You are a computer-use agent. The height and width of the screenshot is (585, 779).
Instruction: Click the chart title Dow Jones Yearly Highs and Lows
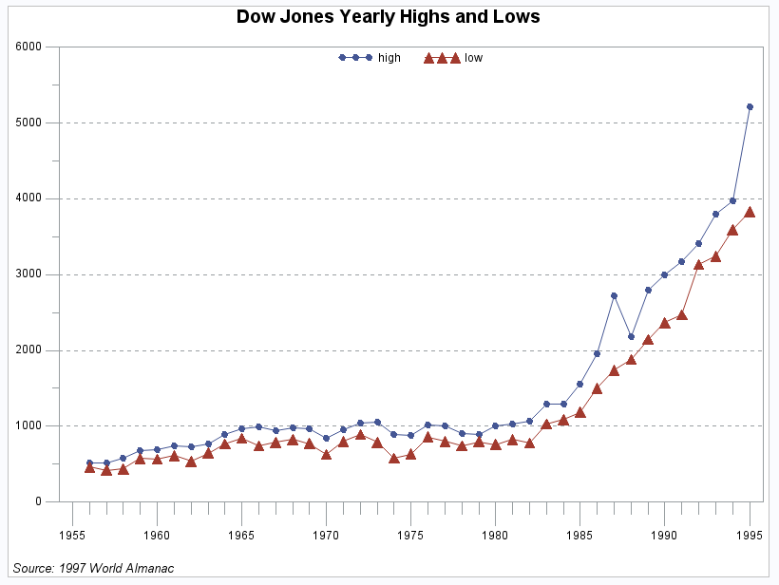[388, 17]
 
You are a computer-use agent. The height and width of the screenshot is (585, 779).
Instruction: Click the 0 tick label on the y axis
[39, 501]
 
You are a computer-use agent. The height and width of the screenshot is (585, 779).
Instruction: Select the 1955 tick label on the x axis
[72, 534]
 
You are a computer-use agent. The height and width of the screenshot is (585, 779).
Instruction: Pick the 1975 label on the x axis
[410, 534]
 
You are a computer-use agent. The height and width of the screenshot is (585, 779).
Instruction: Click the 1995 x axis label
[750, 534]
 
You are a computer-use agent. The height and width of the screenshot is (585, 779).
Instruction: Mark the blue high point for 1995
[750, 106]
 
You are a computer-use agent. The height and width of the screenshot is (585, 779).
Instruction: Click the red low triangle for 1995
[750, 212]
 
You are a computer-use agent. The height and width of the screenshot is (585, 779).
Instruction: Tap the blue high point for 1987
[614, 295]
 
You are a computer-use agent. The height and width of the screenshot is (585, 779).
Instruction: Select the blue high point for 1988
[631, 336]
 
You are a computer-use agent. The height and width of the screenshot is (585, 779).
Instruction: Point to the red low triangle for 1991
[682, 314]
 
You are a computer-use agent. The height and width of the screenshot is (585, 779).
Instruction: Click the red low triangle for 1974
[393, 458]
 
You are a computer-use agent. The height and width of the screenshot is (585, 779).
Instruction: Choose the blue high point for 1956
[89, 462]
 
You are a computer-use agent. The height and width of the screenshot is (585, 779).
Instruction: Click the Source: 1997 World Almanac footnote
[93, 568]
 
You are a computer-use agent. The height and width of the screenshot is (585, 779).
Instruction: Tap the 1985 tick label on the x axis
[580, 534]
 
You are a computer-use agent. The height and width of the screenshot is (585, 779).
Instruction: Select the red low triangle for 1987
[614, 370]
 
